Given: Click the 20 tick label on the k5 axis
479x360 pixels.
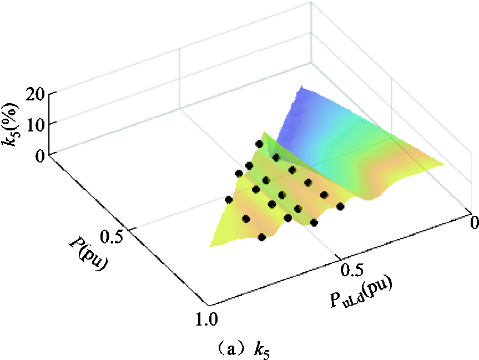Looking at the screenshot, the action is [36, 95].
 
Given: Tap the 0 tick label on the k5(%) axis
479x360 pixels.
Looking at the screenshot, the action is [41, 156].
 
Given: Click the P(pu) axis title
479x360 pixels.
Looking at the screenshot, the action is [88, 253].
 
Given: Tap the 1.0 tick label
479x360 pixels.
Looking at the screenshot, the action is [206, 319].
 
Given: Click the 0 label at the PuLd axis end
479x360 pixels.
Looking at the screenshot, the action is [475, 222].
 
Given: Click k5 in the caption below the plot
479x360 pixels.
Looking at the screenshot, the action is [262, 351].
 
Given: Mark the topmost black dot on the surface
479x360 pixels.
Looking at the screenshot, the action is [259, 144].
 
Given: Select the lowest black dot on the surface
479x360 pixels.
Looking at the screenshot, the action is [262, 237].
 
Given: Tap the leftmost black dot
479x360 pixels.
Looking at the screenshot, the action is [229, 200].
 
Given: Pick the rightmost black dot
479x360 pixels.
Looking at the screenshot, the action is [341, 207].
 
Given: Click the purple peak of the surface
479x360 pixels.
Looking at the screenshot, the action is [301, 87].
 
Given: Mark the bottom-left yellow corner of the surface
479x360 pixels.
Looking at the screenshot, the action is [210, 246].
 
